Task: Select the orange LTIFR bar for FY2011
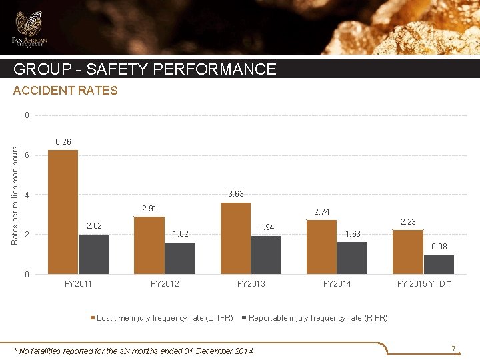63,212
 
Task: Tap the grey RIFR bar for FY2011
93,254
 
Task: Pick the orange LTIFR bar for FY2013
235,238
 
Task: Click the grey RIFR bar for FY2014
352,258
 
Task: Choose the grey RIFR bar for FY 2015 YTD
439,265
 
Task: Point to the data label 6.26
63,142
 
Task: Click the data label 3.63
235,194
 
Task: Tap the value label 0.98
439,247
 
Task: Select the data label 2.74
322,212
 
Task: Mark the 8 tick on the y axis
27,115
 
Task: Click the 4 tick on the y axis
27,195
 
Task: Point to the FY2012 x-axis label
165,284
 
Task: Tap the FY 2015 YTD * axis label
424,284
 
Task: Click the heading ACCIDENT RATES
65,91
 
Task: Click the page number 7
453,349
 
